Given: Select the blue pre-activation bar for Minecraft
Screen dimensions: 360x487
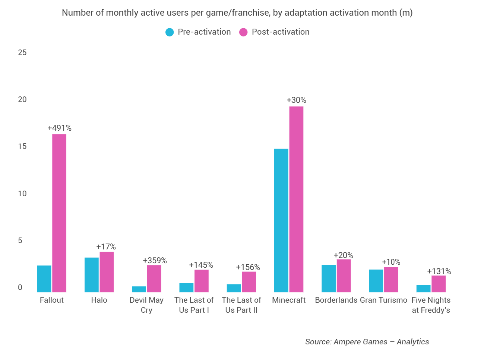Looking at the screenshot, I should click(281, 220).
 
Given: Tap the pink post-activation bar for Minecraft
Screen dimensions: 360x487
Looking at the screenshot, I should click(296, 199).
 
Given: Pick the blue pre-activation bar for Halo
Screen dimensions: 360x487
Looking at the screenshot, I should click(92, 275).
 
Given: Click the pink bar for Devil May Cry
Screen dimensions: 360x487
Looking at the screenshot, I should click(154, 278).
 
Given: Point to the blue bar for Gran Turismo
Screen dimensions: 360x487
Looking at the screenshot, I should click(376, 281).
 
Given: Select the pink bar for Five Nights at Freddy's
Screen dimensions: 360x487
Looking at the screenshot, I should click(439, 284).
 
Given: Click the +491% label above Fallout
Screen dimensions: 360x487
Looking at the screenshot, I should click(59, 128).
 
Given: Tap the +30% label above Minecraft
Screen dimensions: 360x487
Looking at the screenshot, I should click(296, 100).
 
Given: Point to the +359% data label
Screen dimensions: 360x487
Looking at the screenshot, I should click(155, 261).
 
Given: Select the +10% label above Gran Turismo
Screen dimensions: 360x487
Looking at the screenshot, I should click(391, 262).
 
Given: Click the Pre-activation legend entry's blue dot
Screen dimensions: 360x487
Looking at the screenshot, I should click(170, 32).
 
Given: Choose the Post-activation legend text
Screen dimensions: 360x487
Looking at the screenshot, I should click(280, 32).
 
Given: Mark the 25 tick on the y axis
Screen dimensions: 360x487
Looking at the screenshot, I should click(22, 52).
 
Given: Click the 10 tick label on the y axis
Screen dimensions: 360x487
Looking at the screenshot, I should click(22, 194).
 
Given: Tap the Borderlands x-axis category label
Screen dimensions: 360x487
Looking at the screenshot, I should click(336, 300).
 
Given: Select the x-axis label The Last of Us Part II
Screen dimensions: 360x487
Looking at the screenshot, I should click(241, 305).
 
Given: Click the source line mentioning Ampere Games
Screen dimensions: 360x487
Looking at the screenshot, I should click(367, 342).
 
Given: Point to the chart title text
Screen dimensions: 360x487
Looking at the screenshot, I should click(237, 13).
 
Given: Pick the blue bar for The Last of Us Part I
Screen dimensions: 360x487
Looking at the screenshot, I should click(186, 287).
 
